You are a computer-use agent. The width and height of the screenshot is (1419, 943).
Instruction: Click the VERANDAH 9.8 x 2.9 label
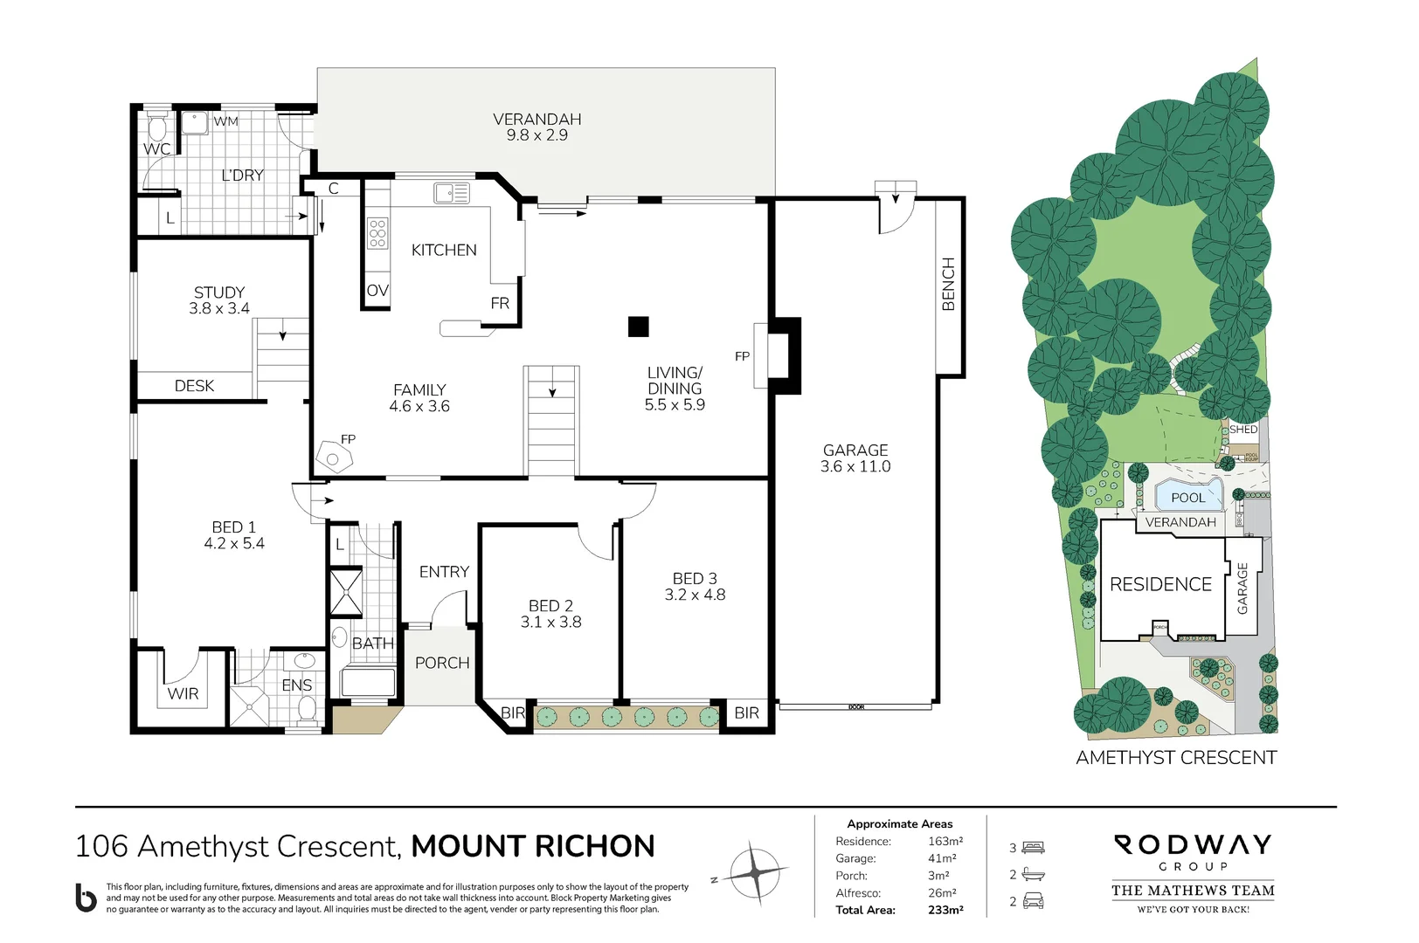click(x=536, y=127)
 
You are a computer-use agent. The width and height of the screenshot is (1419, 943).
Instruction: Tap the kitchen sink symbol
click(x=451, y=192)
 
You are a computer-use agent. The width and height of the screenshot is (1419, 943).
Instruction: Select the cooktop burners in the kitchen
click(x=377, y=233)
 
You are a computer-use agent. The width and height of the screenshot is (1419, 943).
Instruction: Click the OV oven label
click(x=377, y=291)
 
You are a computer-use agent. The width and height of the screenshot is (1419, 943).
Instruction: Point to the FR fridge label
click(x=500, y=303)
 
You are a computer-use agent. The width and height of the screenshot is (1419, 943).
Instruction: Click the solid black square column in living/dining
click(x=638, y=327)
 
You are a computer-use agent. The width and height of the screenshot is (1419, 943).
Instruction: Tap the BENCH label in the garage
click(x=948, y=284)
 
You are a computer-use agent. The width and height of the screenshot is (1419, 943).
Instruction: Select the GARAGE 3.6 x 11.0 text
click(x=855, y=458)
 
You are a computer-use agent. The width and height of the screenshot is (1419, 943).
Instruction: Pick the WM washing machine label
click(x=225, y=121)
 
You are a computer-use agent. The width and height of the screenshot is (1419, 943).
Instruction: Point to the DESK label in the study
click(x=194, y=385)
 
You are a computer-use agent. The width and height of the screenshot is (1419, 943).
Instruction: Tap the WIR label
click(x=183, y=693)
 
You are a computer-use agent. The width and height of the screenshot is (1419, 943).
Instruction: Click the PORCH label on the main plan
click(x=442, y=663)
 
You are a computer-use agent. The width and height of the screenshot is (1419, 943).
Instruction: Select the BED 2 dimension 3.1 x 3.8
click(x=550, y=622)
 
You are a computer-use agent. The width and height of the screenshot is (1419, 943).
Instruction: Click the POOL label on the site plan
click(x=1187, y=498)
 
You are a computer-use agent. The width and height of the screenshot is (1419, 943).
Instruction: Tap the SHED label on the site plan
click(x=1242, y=430)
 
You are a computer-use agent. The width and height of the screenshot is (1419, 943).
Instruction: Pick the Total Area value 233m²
click(x=945, y=910)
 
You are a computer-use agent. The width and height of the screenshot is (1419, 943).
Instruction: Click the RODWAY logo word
click(x=1193, y=844)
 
